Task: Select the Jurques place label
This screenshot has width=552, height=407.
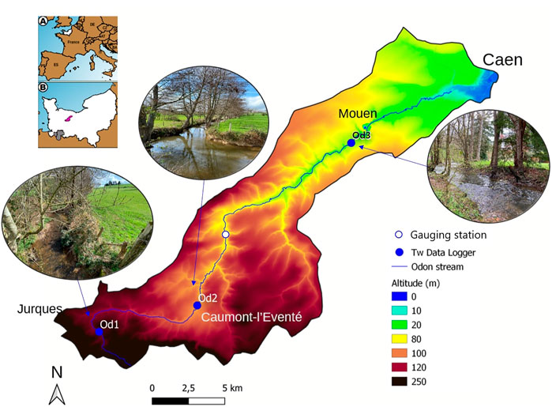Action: tap(39, 311)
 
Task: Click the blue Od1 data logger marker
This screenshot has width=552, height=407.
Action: tap(100, 332)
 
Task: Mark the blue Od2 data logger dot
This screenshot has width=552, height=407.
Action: tap(197, 305)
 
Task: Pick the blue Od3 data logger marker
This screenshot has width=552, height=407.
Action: tap(351, 143)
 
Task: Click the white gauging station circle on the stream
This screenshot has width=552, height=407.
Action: tap(226, 236)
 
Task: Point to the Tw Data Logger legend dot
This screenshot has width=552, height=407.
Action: tap(398, 251)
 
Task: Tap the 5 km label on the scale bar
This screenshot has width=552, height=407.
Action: tap(231, 387)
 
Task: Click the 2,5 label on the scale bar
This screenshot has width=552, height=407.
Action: tap(190, 387)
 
